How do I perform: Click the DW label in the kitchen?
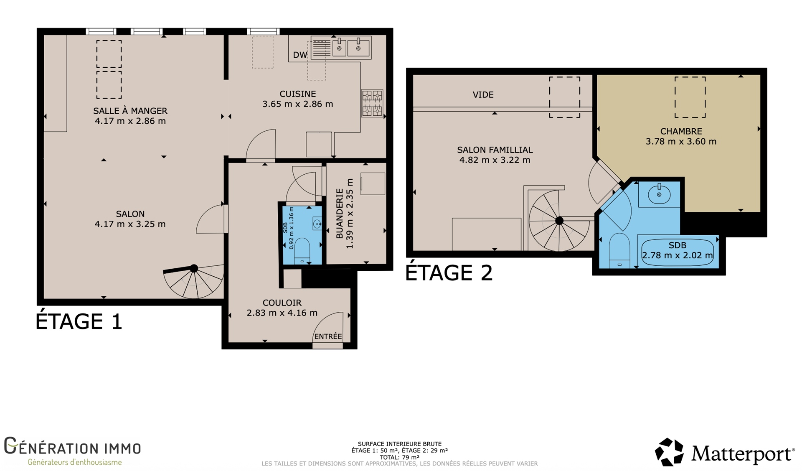pos(300,55)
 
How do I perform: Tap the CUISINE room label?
pos(298,94)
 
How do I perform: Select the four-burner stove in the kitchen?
pos(372,103)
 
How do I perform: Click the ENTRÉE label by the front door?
pos(328,336)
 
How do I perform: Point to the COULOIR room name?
pos(282,303)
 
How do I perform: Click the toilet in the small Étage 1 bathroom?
pos(302,250)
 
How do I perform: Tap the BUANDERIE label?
pos(340,214)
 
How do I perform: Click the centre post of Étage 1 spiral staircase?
pos(194,268)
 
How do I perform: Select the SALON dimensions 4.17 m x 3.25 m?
pos(130,224)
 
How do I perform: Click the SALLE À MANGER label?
pos(130,111)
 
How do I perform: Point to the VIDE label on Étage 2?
pos(483,95)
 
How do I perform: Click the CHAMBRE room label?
pos(681,131)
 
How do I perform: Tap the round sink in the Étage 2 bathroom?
pos(659,194)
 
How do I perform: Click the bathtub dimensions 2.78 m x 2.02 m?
pos(677,255)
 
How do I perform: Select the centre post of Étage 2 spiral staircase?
pos(559,221)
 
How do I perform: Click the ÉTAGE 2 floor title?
pos(449,272)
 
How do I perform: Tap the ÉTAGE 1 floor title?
pos(79,321)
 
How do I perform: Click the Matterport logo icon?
pos(669,452)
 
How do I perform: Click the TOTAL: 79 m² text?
pos(399,457)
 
